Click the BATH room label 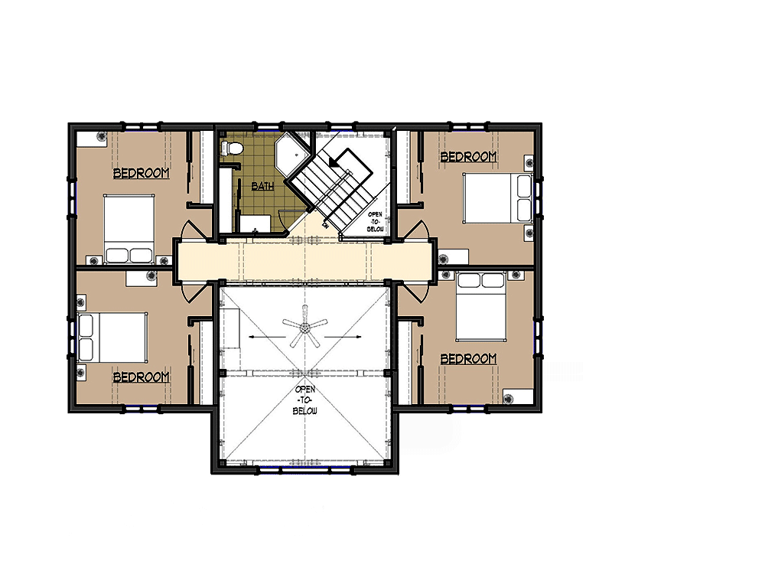(x=262, y=186)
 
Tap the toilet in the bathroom (x=231, y=148)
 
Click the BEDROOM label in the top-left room (x=141, y=173)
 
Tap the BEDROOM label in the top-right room (x=468, y=157)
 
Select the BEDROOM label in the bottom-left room (x=141, y=377)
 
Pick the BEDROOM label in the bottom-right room (x=468, y=359)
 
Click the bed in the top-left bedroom (x=129, y=230)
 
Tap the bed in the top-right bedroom (x=498, y=197)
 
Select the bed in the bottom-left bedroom (x=112, y=338)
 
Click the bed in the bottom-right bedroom (x=480, y=306)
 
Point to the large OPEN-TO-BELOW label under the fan (x=305, y=400)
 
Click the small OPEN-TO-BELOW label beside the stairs (x=375, y=222)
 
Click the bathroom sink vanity (x=255, y=223)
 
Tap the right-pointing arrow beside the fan (x=343, y=337)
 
